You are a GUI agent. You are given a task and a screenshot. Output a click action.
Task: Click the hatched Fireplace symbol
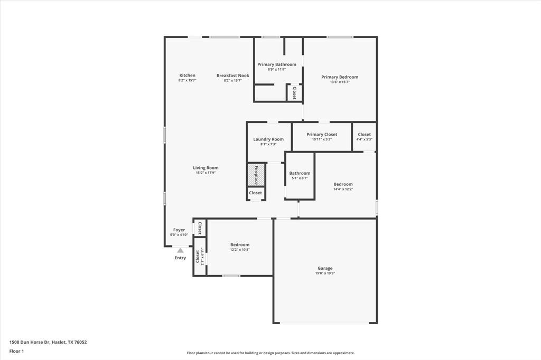pos(256,174)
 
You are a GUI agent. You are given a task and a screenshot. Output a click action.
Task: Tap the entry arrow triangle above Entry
pos(180,251)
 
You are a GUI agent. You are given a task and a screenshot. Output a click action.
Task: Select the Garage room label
pos(325,268)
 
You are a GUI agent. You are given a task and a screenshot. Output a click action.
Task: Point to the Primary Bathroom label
pos(277,64)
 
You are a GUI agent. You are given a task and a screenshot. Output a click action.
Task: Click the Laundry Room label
pos(268,139)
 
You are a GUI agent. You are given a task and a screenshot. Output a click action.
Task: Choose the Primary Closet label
pos(322,135)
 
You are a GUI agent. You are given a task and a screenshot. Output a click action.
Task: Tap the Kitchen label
pos(187,75)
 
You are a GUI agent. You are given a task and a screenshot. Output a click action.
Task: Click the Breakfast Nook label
pos(232,75)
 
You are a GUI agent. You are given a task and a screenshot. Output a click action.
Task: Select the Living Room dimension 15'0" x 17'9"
pos(206,173)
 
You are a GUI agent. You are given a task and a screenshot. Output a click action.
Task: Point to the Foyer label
pos(179,230)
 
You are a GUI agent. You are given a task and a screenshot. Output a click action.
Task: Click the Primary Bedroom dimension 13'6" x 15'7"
pos(340,82)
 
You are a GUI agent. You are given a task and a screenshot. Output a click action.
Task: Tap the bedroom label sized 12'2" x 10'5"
pos(240,245)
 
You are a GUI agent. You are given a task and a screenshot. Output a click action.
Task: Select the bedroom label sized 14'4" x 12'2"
pos(343,184)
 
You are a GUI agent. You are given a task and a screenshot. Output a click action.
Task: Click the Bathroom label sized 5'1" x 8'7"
pos(300,173)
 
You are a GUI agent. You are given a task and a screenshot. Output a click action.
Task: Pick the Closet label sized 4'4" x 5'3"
pos(364,135)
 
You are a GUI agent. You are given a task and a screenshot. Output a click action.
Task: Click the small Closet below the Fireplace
pos(256,193)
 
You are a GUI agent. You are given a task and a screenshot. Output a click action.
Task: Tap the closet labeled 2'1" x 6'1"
pos(199,257)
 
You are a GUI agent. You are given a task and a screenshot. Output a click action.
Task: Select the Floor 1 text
pos(16,351)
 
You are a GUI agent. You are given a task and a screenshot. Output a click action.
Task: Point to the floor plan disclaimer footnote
pos(270,353)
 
